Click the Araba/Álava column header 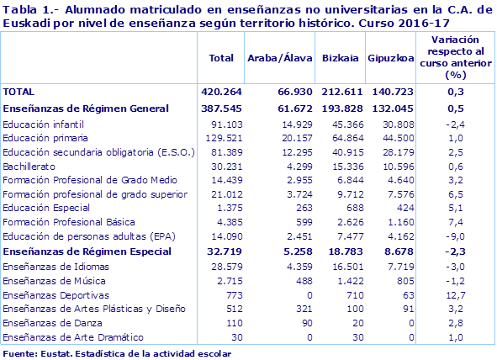pos(280,58)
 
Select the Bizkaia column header pos(341,58)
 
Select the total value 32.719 pos(219,251)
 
